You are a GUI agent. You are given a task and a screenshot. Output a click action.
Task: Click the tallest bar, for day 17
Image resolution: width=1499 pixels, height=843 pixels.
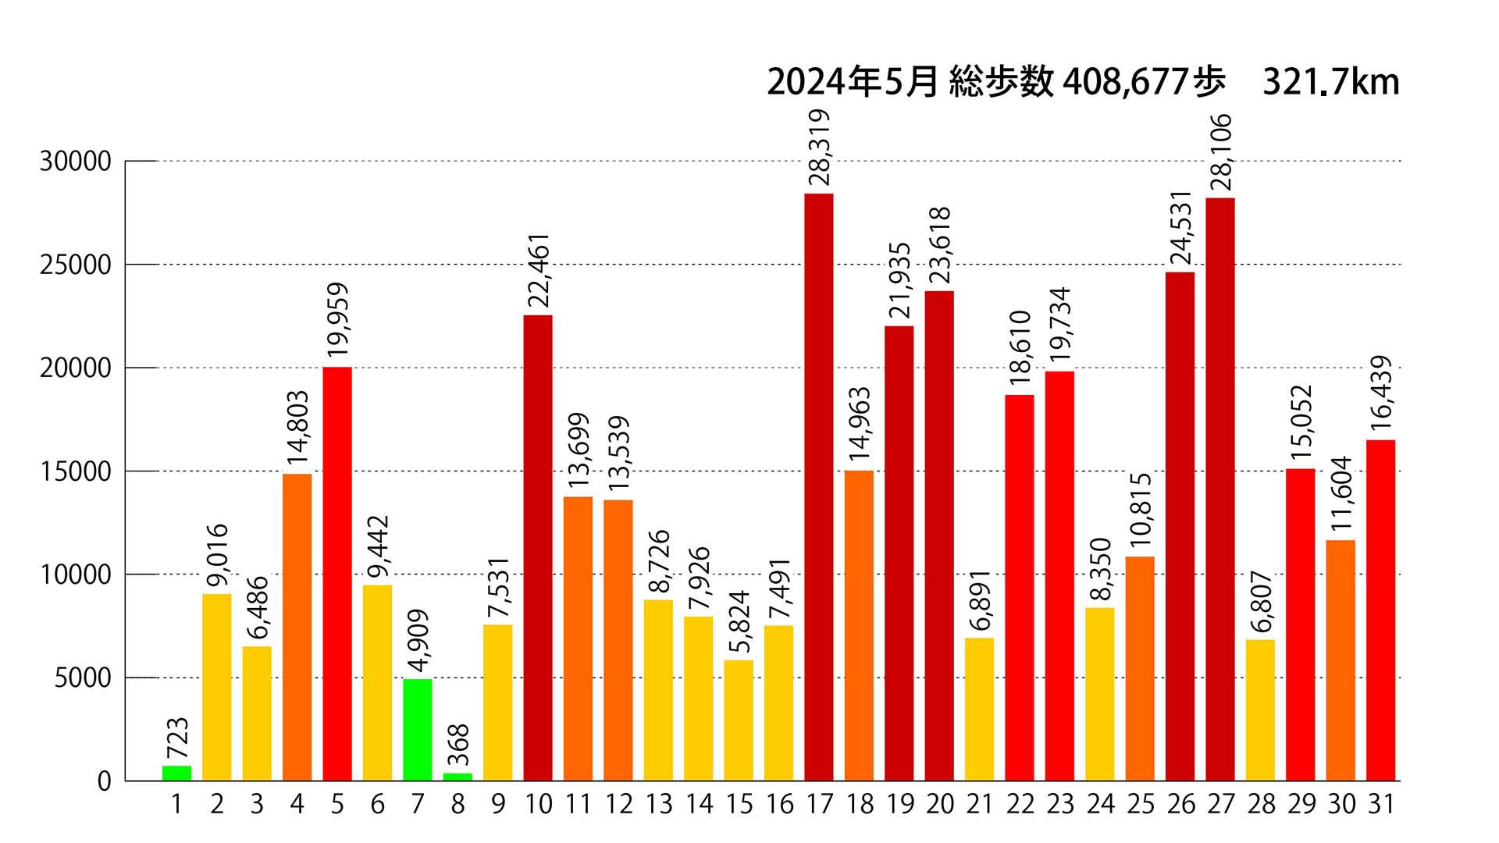[819, 487]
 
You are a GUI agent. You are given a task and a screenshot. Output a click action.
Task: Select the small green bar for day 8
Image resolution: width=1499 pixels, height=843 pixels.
[458, 777]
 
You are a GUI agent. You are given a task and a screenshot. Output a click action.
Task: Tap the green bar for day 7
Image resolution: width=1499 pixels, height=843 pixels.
[418, 730]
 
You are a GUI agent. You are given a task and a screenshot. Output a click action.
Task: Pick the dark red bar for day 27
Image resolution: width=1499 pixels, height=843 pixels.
[1220, 489]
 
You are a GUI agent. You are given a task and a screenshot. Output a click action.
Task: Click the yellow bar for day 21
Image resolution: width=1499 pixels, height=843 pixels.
[979, 709]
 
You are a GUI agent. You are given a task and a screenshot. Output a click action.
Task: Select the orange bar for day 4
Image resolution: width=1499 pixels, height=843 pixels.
[297, 627]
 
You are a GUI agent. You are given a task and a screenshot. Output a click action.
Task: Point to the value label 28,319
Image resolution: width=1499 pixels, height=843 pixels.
[819, 148]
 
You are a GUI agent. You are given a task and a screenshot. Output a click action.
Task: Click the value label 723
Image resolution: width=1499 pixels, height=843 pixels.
[177, 738]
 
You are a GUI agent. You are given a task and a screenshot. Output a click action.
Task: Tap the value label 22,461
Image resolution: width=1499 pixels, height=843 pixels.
[539, 271]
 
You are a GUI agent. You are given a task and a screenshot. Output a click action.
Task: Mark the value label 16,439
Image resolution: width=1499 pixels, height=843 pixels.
[1381, 393]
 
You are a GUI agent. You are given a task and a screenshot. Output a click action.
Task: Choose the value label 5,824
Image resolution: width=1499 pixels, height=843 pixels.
[739, 621]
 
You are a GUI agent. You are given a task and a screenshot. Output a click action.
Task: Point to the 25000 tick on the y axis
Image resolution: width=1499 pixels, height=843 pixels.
[76, 265]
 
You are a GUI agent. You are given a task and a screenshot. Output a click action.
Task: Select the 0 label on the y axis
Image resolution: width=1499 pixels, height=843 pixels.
[105, 781]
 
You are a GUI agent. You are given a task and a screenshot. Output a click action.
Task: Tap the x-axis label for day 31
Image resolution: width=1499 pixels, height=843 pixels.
[1380, 804]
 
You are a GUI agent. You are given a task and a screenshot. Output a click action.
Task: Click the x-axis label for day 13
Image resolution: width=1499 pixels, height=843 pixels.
[659, 804]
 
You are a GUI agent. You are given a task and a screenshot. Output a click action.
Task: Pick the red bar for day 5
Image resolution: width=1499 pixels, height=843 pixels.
[337, 574]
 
